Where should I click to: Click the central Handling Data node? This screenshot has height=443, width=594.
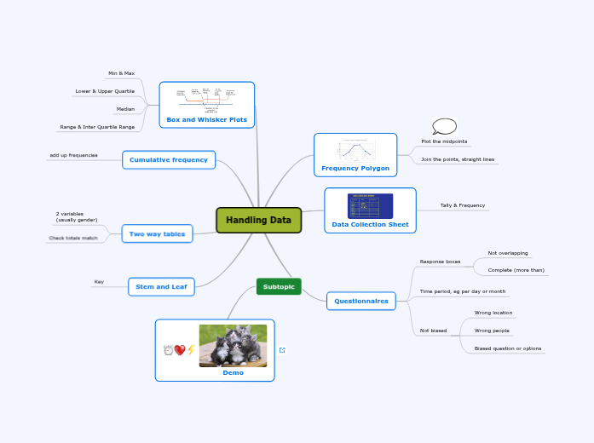pos(258,220)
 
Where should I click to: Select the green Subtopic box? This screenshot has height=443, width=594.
pos(279,286)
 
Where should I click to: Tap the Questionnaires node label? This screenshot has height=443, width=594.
pos(361,301)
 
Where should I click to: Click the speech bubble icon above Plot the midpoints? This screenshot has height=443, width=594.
pos(444,126)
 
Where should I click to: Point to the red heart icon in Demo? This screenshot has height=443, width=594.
pos(180,349)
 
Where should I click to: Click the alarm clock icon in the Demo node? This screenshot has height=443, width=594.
pos(169,349)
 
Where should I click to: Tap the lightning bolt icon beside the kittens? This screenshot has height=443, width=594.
pos(191,349)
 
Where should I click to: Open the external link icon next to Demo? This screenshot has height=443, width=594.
pos(282,349)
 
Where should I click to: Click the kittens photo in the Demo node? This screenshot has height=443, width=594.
pos(233,345)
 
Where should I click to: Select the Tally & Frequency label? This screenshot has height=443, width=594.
pos(462,205)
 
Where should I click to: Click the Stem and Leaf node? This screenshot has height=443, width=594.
pos(161,287)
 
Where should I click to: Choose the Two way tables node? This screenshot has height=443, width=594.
pos(158,233)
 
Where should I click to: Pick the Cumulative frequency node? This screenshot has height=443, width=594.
pos(169,159)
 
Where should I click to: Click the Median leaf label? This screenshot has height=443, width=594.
pos(125,109)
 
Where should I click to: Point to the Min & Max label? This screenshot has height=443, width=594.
pos(121,73)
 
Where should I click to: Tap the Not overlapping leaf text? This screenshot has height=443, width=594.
pos(507,253)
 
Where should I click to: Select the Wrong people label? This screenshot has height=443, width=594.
pos(492,331)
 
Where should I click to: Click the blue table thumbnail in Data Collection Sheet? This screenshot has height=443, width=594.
pos(371,206)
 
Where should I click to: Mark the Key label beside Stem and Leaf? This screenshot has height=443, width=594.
pos(99,281)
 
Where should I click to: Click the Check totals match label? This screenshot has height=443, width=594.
pos(73,238)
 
